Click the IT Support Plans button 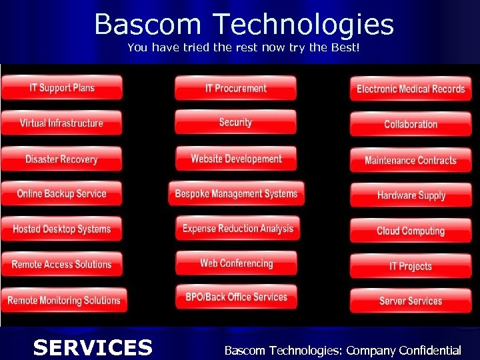[x=61, y=88]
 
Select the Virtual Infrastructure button [x=61, y=123]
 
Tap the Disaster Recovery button [x=61, y=159]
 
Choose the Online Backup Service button [x=61, y=194]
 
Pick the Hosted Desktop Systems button [x=61, y=229]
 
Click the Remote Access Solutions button [x=61, y=265]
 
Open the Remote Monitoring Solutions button [x=63, y=301]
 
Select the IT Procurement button [x=235, y=88]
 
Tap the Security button [x=235, y=123]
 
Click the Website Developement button [x=236, y=159]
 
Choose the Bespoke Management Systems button [x=236, y=194]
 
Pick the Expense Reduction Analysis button [x=237, y=229]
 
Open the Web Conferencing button [x=237, y=263]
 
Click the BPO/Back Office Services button [x=236, y=297]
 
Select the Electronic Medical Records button [x=411, y=89]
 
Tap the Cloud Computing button [x=411, y=231]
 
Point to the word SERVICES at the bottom [x=93, y=347]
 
